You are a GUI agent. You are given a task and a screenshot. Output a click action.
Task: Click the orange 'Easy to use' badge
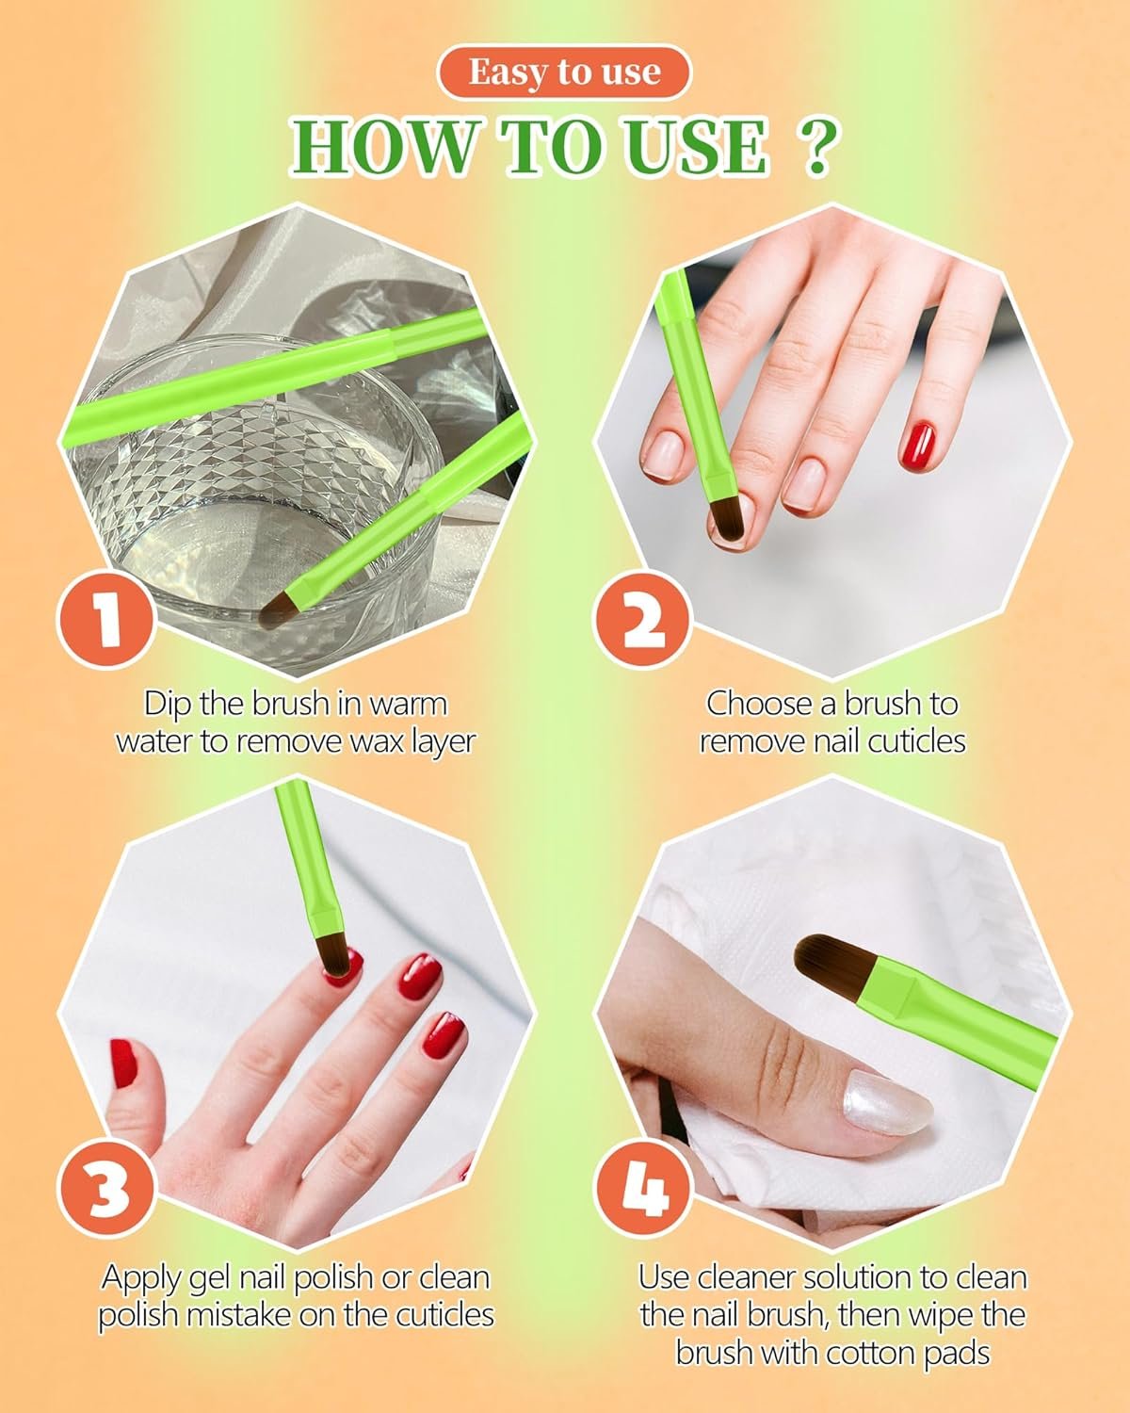tap(564, 73)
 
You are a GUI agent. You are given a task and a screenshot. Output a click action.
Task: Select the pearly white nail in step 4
tap(888, 1104)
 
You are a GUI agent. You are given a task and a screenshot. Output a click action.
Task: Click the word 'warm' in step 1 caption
tap(407, 705)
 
